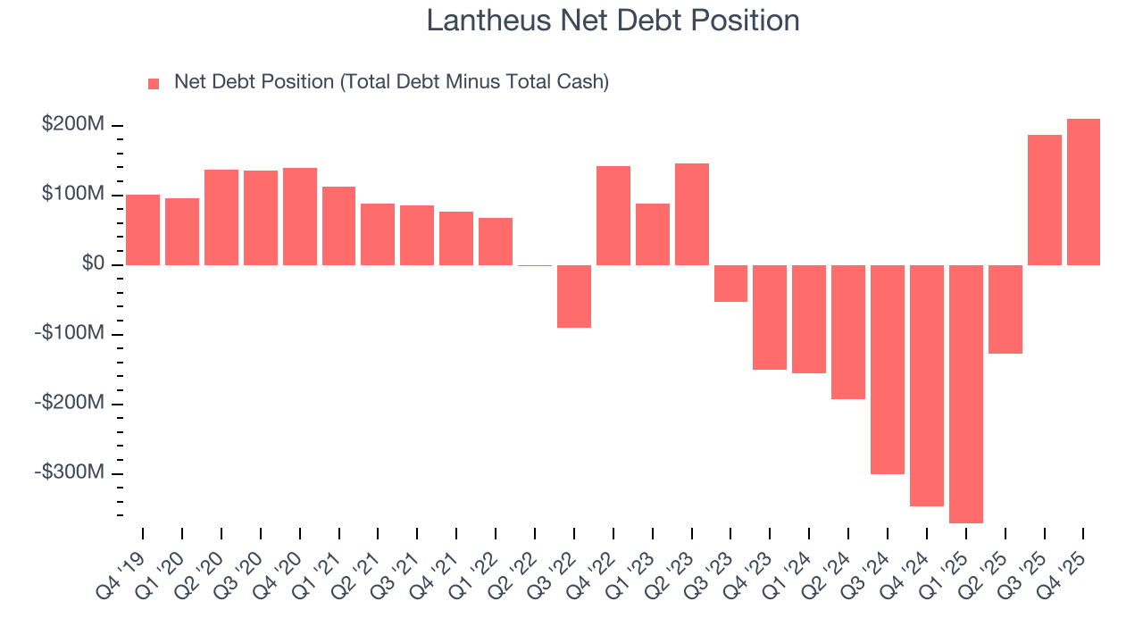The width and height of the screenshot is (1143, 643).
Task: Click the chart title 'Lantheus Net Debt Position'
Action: coord(613,21)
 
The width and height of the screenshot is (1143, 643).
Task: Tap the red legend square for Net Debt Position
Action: coord(154,83)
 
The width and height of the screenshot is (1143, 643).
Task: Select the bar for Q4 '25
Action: coord(1083,192)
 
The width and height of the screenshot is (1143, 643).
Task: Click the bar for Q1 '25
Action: coord(965,394)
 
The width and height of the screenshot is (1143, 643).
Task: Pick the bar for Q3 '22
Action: coord(574,296)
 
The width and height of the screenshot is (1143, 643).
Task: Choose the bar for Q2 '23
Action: coord(692,214)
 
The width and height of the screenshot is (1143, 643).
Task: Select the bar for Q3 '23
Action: coord(730,283)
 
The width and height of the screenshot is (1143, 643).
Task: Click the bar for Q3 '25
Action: coord(1044,200)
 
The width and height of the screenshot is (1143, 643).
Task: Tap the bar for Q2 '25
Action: coord(1005,309)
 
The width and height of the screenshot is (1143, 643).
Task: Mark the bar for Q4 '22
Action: coord(613,215)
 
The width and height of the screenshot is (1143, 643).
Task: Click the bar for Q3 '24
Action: coord(888,369)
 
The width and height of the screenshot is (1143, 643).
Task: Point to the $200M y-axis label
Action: coord(73,125)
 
